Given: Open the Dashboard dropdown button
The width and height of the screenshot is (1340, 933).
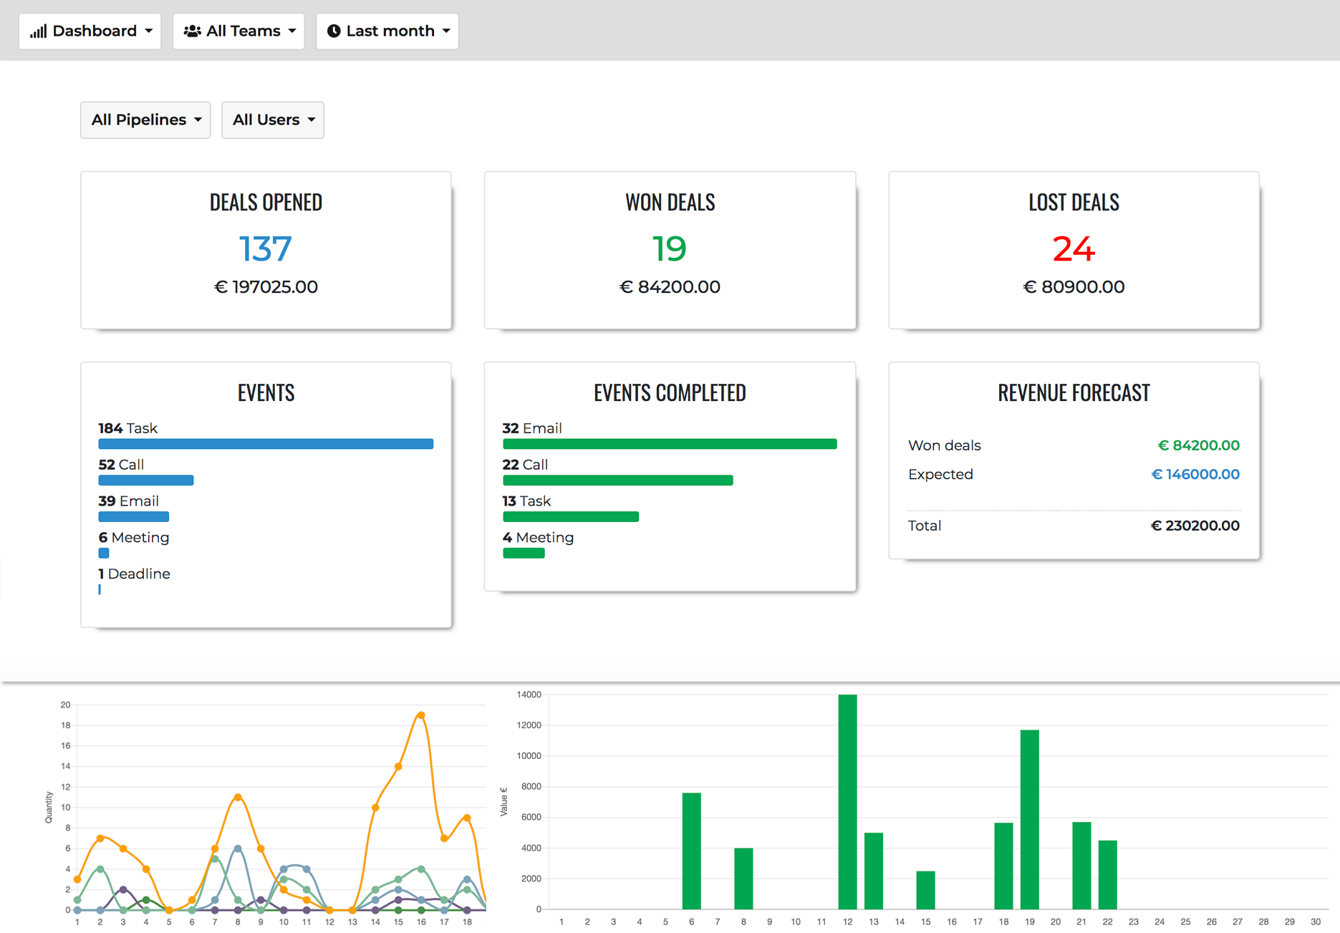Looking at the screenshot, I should (90, 32).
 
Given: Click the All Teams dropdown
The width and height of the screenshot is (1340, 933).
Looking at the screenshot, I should (238, 32).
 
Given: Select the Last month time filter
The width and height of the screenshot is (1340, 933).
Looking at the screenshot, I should (387, 32).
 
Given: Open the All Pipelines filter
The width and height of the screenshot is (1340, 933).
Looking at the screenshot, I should (145, 120).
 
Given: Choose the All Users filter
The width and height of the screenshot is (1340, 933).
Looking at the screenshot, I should (273, 120).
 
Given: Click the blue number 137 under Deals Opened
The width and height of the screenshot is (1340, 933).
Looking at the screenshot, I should (265, 248).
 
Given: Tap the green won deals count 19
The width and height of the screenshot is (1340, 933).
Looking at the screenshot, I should (670, 248).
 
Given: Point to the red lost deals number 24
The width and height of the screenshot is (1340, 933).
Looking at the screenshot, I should (1074, 248).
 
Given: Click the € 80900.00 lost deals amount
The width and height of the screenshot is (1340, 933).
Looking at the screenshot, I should (1074, 287).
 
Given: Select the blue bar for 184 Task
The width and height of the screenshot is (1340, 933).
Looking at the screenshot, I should (266, 444).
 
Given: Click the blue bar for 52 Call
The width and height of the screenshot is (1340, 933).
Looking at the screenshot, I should (146, 480).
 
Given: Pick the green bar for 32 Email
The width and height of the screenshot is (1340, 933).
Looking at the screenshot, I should (670, 444).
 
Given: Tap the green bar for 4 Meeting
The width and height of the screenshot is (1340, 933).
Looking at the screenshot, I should (524, 553).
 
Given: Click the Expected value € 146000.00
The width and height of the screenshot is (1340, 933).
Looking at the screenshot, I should (1195, 474).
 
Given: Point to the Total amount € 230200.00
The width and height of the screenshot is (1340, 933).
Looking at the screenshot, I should (1195, 526).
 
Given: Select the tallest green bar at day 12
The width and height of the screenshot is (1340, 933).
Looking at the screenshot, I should (847, 802).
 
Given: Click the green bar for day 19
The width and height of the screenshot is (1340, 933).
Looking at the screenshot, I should (1029, 820).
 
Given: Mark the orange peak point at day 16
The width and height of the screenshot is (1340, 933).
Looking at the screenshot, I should (421, 715).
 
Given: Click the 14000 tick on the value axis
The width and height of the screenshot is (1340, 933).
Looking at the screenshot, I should (529, 695).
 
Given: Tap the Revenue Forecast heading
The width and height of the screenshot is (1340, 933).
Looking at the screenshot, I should (1074, 392).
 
